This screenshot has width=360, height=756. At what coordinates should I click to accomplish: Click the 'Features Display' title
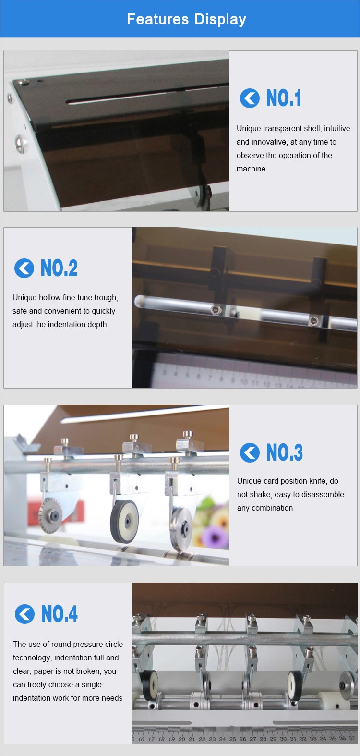tap(186, 20)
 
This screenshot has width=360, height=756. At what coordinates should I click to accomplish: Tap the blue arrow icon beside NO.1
tap(250, 98)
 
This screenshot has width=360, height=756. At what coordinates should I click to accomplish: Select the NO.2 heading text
tap(59, 268)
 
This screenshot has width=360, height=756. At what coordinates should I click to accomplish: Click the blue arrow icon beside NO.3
tap(250, 452)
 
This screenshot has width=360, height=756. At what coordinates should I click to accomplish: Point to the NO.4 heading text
tap(60, 613)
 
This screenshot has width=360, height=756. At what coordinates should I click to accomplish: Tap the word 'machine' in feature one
tap(251, 169)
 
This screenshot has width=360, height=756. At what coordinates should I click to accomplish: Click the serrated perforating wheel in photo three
tap(50, 515)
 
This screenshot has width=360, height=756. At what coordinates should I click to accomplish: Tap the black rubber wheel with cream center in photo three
tap(124, 521)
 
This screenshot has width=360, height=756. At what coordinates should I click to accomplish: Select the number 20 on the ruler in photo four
tap(181, 739)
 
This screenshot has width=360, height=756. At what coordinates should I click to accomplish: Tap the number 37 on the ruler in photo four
tap(352, 738)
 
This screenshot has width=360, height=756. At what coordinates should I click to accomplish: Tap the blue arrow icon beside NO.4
tap(24, 614)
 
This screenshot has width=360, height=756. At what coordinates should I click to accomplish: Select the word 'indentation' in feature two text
tap(66, 324)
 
